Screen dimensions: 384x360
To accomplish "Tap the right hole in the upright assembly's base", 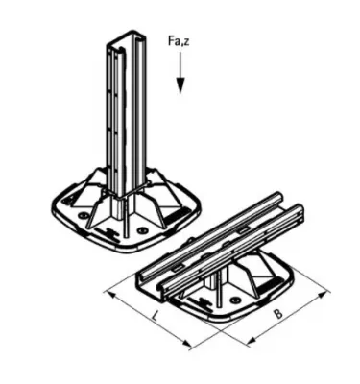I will point(143,230).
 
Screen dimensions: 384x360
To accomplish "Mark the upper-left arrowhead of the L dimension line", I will point(108,290).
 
